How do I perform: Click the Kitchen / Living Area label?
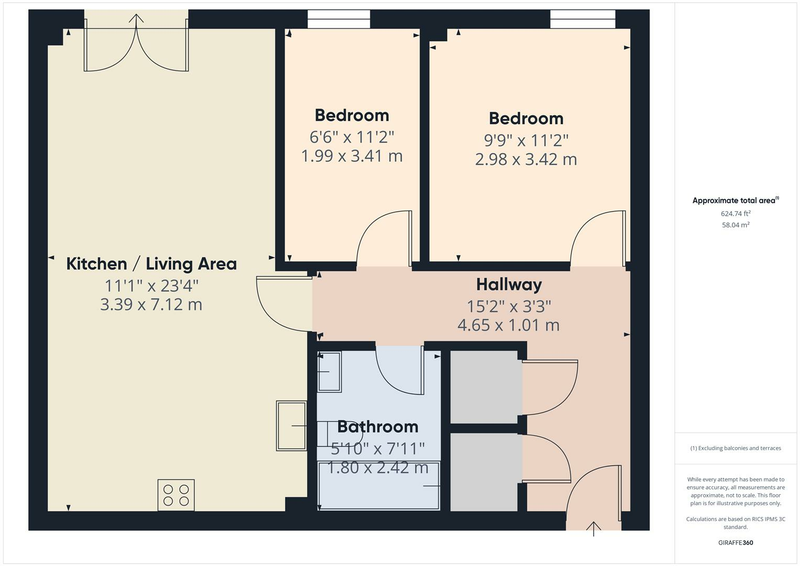pyautogui.click(x=151, y=264)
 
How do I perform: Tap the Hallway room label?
pyautogui.click(x=509, y=285)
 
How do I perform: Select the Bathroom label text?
pyautogui.click(x=377, y=427)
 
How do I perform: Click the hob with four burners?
pyautogui.click(x=176, y=495)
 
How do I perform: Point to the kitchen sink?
pyautogui.click(x=291, y=426)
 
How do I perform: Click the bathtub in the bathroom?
pyautogui.click(x=379, y=486)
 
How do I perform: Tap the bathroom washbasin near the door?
pyautogui.click(x=329, y=372)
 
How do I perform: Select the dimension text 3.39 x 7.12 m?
pyautogui.click(x=151, y=304)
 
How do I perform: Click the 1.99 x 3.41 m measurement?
pyautogui.click(x=352, y=156)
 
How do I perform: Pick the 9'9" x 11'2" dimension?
pyautogui.click(x=526, y=140)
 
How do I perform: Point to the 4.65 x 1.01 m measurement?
pyautogui.click(x=509, y=325)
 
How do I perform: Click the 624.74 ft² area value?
pyautogui.click(x=736, y=213)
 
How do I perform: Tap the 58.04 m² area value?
pyautogui.click(x=736, y=225)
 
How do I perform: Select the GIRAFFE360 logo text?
pyautogui.click(x=736, y=542)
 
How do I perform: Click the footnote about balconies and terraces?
pyautogui.click(x=736, y=448)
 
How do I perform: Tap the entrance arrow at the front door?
pyautogui.click(x=594, y=528)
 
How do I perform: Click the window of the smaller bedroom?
pyautogui.click(x=338, y=19)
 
